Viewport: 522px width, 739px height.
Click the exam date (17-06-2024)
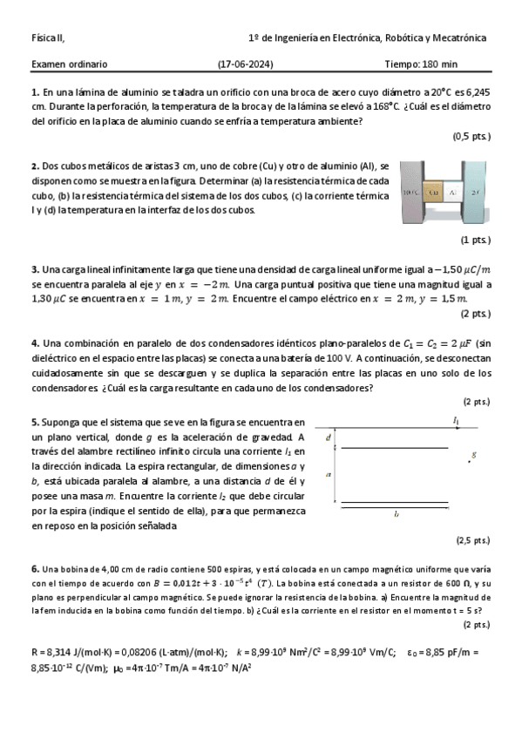[x=245, y=64]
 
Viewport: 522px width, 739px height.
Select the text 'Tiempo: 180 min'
[x=420, y=64]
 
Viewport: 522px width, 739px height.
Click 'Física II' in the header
[x=47, y=38]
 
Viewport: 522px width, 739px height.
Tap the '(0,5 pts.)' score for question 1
[x=471, y=137]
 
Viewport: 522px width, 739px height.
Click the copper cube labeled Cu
[x=434, y=190]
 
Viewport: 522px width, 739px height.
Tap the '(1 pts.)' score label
[x=475, y=240]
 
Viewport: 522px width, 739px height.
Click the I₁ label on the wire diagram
[x=456, y=421]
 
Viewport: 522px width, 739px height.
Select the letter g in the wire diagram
[x=473, y=454]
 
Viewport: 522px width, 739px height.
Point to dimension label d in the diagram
[x=328, y=437]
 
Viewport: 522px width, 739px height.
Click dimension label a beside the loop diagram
[x=328, y=474]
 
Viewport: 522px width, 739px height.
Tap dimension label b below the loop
[x=397, y=515]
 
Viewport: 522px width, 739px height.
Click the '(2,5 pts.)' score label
[x=473, y=540]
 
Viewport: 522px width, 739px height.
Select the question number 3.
[x=34, y=269]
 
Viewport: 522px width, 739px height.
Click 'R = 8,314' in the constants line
[x=53, y=652]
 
